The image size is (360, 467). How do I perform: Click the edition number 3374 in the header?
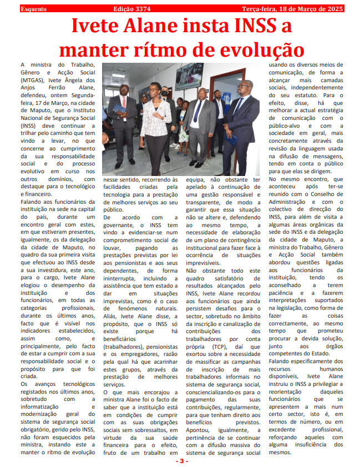tap(142, 9)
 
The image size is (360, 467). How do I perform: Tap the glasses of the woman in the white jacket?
tap(153, 89)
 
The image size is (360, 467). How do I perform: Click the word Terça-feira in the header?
tap(262, 9)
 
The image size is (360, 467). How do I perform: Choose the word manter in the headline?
tap(95, 49)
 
